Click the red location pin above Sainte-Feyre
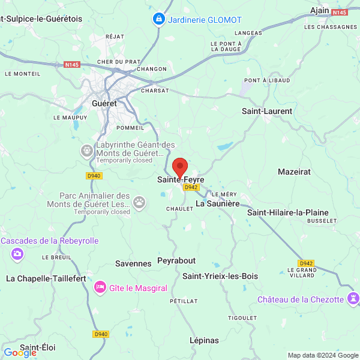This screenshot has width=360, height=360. [x=179, y=166]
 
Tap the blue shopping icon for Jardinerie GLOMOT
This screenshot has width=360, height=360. [x=158, y=19]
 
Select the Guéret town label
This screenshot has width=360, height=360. [x=104, y=103]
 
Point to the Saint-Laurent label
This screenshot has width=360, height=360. [x=267, y=111]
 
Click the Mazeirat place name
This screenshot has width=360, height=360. [x=294, y=172]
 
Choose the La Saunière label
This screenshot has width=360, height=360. [x=218, y=204]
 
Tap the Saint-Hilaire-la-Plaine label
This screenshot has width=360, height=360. [x=288, y=212]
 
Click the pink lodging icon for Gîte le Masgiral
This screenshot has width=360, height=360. [x=100, y=287]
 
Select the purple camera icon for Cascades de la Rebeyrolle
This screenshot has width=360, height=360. [x=17, y=254]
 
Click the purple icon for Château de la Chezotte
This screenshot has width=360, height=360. [x=353, y=298]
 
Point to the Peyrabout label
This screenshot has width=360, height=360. [x=176, y=260]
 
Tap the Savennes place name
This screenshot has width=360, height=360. [x=133, y=263]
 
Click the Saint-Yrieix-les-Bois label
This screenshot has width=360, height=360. [x=220, y=276]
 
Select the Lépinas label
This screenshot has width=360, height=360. [x=204, y=340]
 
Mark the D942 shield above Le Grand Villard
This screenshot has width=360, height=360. [x=306, y=263]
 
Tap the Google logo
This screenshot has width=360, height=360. [x=20, y=353]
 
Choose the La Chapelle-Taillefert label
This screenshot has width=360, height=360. [x=46, y=278]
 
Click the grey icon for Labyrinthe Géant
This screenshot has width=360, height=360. [x=88, y=149]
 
